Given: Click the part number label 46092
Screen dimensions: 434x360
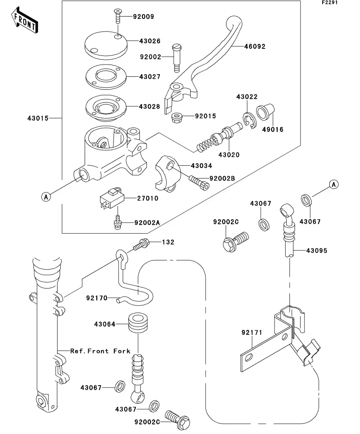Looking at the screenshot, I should tap(254, 46).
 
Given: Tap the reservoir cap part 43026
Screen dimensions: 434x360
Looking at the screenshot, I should tap(105, 44).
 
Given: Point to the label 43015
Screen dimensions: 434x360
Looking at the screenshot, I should tap(38, 118).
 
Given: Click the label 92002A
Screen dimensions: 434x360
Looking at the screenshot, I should tap(147, 223).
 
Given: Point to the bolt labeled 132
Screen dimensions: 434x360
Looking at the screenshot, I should tap(141, 245).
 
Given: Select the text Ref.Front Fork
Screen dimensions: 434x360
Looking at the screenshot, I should tap(100, 351).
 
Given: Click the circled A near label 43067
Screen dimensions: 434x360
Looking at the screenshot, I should tap(334, 184).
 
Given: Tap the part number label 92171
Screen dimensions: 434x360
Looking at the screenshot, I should tap(252, 333).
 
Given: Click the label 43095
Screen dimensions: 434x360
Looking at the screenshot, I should tap(317, 250).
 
